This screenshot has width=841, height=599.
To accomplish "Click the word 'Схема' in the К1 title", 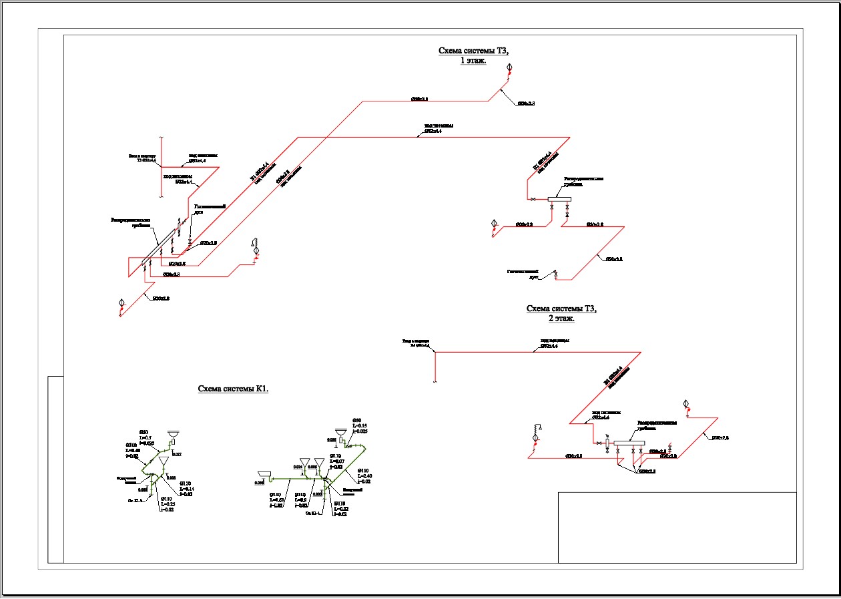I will point(212,389).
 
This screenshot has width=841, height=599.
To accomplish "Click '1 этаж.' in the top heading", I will point(473,60).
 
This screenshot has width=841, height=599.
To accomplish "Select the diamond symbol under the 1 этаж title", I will point(509,67).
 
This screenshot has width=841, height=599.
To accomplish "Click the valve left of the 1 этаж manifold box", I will point(533,199).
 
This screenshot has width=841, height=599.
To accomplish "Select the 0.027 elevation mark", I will point(178,454).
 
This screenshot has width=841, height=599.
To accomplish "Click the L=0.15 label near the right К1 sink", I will point(359,425).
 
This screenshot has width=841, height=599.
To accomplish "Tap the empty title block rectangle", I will point(677,528).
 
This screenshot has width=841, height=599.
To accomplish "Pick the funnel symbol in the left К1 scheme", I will point(164,461).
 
